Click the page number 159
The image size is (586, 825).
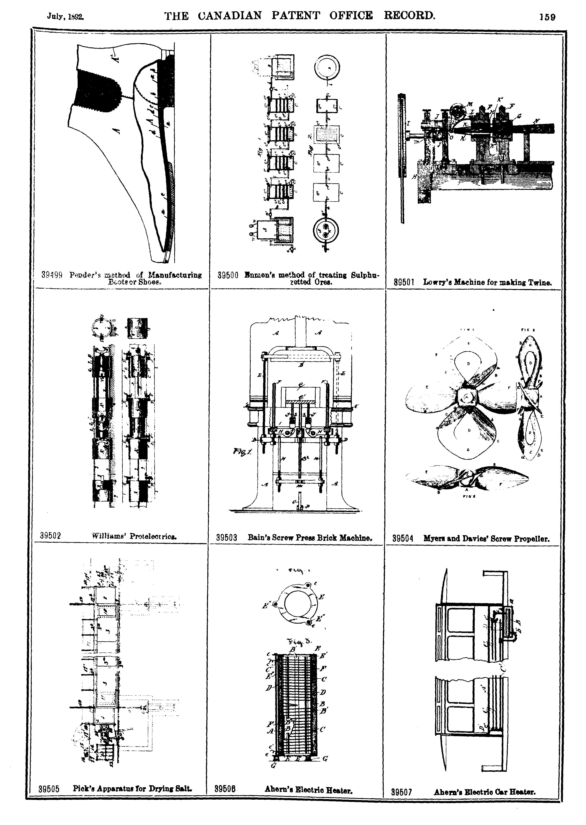click(547, 17)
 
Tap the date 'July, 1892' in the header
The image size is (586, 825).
click(65, 16)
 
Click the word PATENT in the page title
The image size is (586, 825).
click(296, 16)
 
